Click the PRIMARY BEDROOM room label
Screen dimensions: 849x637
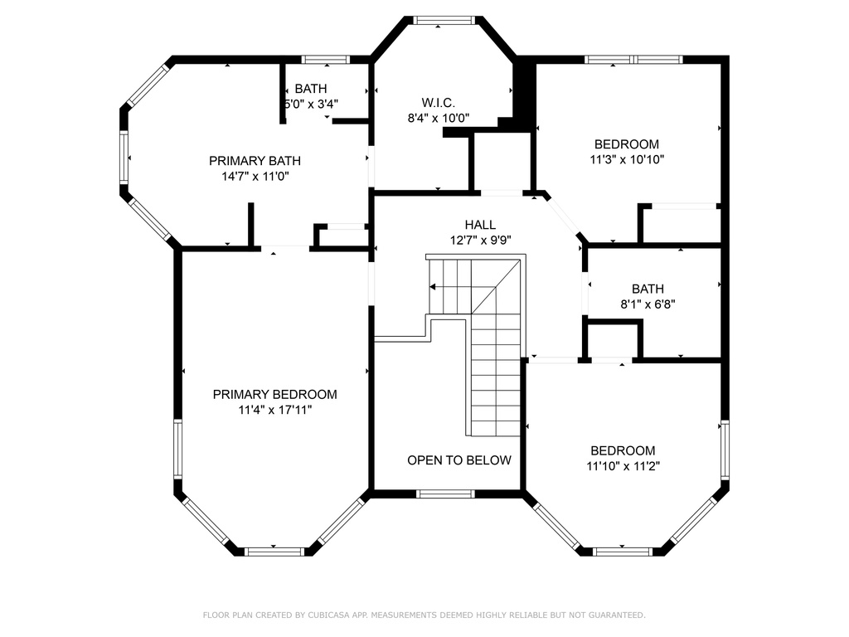pos(274,394)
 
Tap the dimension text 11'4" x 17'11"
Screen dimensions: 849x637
pos(275,410)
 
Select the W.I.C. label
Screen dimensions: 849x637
pos(438,102)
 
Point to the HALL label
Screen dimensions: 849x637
pos(480,224)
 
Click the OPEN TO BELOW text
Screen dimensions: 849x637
pos(459,460)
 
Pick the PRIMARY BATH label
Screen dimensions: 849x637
pos(255,161)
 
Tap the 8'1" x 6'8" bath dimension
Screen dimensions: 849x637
pos(648,304)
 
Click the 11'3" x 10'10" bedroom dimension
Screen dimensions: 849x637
pos(627,160)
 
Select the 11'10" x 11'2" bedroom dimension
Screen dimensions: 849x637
pos(623,466)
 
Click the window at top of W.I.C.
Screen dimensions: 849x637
pos(444,20)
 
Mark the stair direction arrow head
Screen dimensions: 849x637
pos(433,286)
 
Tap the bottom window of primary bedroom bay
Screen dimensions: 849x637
pos(274,552)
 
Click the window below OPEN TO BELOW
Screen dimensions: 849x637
pos(445,494)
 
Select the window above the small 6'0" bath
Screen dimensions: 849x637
pos(325,60)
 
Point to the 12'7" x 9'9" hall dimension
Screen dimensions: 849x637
pos(480,240)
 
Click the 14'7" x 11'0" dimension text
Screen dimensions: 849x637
pos(255,176)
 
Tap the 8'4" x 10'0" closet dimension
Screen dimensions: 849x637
pos(438,118)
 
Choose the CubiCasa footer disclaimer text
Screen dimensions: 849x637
pos(424,615)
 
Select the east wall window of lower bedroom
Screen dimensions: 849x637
pos(725,450)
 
